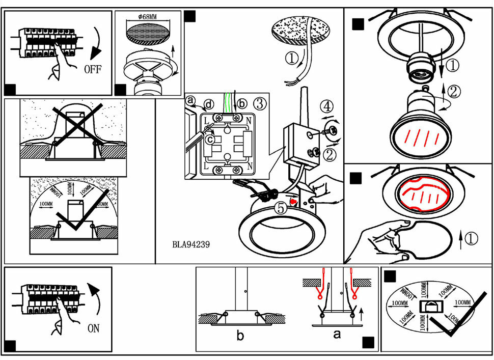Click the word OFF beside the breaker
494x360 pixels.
click(94, 69)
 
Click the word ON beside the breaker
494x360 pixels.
click(94, 329)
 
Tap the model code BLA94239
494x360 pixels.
click(191, 244)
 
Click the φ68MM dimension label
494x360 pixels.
click(148, 17)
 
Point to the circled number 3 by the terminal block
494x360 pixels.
click(259, 104)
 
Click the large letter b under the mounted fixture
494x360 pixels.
click(241, 336)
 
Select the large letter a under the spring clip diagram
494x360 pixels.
click(336, 335)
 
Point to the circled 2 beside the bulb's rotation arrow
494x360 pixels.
click(454, 92)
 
